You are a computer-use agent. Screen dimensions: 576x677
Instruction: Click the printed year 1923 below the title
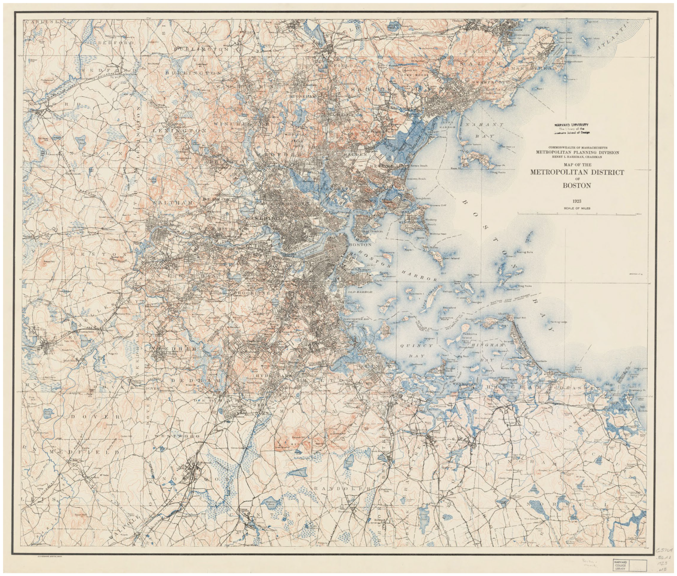577,201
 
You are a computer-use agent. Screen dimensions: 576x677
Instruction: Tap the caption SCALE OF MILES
577,208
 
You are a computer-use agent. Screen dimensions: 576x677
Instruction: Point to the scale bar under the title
577,214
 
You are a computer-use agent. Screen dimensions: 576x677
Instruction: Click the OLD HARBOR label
360,292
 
